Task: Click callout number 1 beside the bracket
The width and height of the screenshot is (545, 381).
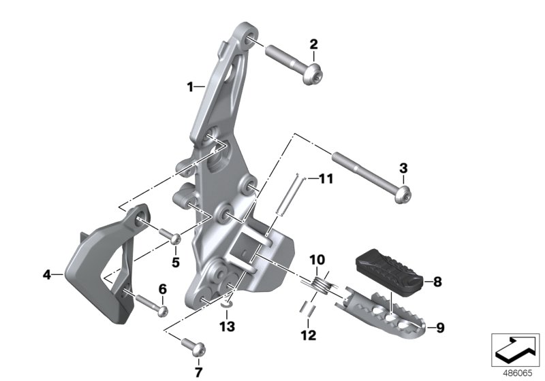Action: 190,87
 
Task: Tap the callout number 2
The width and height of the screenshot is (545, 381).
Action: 313,44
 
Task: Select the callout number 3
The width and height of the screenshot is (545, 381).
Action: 403,168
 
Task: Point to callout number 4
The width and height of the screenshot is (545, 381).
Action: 47,275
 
